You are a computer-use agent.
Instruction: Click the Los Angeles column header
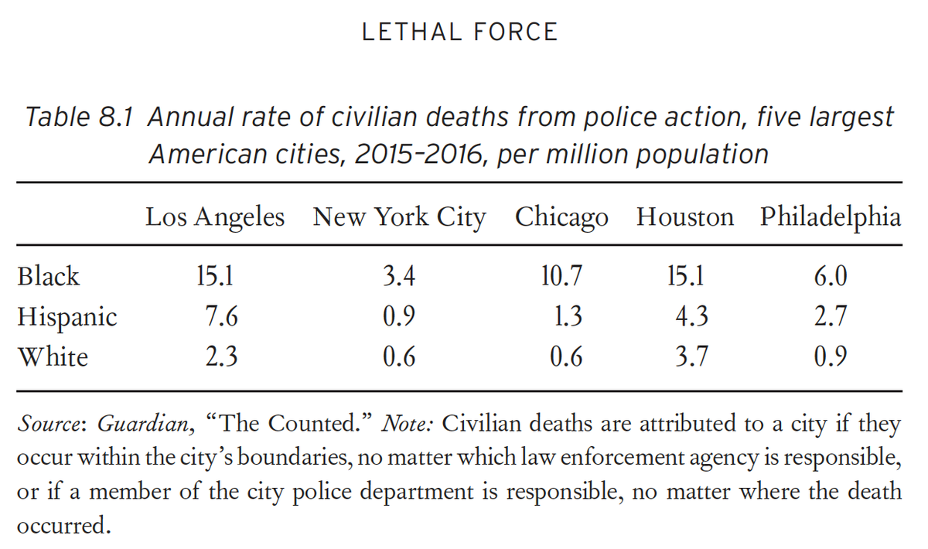214,217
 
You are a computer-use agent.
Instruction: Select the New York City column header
399,217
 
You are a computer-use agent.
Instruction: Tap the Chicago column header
561,217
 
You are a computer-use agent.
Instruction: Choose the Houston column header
684,217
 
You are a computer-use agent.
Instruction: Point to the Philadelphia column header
830,217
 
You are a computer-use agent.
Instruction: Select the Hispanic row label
67,317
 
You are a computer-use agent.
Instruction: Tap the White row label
53,356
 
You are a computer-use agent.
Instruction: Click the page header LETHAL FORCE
460,32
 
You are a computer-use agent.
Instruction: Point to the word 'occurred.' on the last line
62,527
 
